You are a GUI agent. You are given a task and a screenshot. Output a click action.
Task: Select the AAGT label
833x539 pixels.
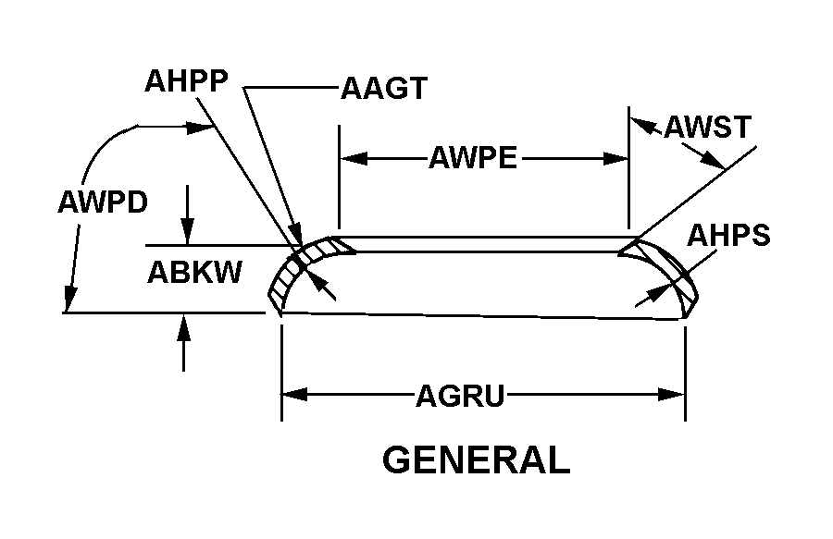(383, 89)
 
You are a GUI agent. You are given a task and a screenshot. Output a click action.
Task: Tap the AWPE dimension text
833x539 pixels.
(472, 158)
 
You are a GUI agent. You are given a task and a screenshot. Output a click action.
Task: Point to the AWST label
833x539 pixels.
(707, 127)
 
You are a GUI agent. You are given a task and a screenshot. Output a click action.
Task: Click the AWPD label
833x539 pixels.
(102, 202)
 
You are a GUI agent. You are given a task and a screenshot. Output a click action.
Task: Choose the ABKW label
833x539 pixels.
(194, 272)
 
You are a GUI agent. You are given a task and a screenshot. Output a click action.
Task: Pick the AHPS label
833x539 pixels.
(728, 236)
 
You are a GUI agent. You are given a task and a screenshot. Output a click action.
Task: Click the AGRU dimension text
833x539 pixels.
(459, 397)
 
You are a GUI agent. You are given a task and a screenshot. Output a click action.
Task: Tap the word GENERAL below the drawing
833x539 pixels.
(476, 459)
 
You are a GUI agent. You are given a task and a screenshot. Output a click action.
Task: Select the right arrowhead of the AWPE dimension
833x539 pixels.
(617, 158)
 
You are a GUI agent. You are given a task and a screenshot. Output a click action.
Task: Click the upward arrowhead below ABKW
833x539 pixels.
(185, 326)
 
